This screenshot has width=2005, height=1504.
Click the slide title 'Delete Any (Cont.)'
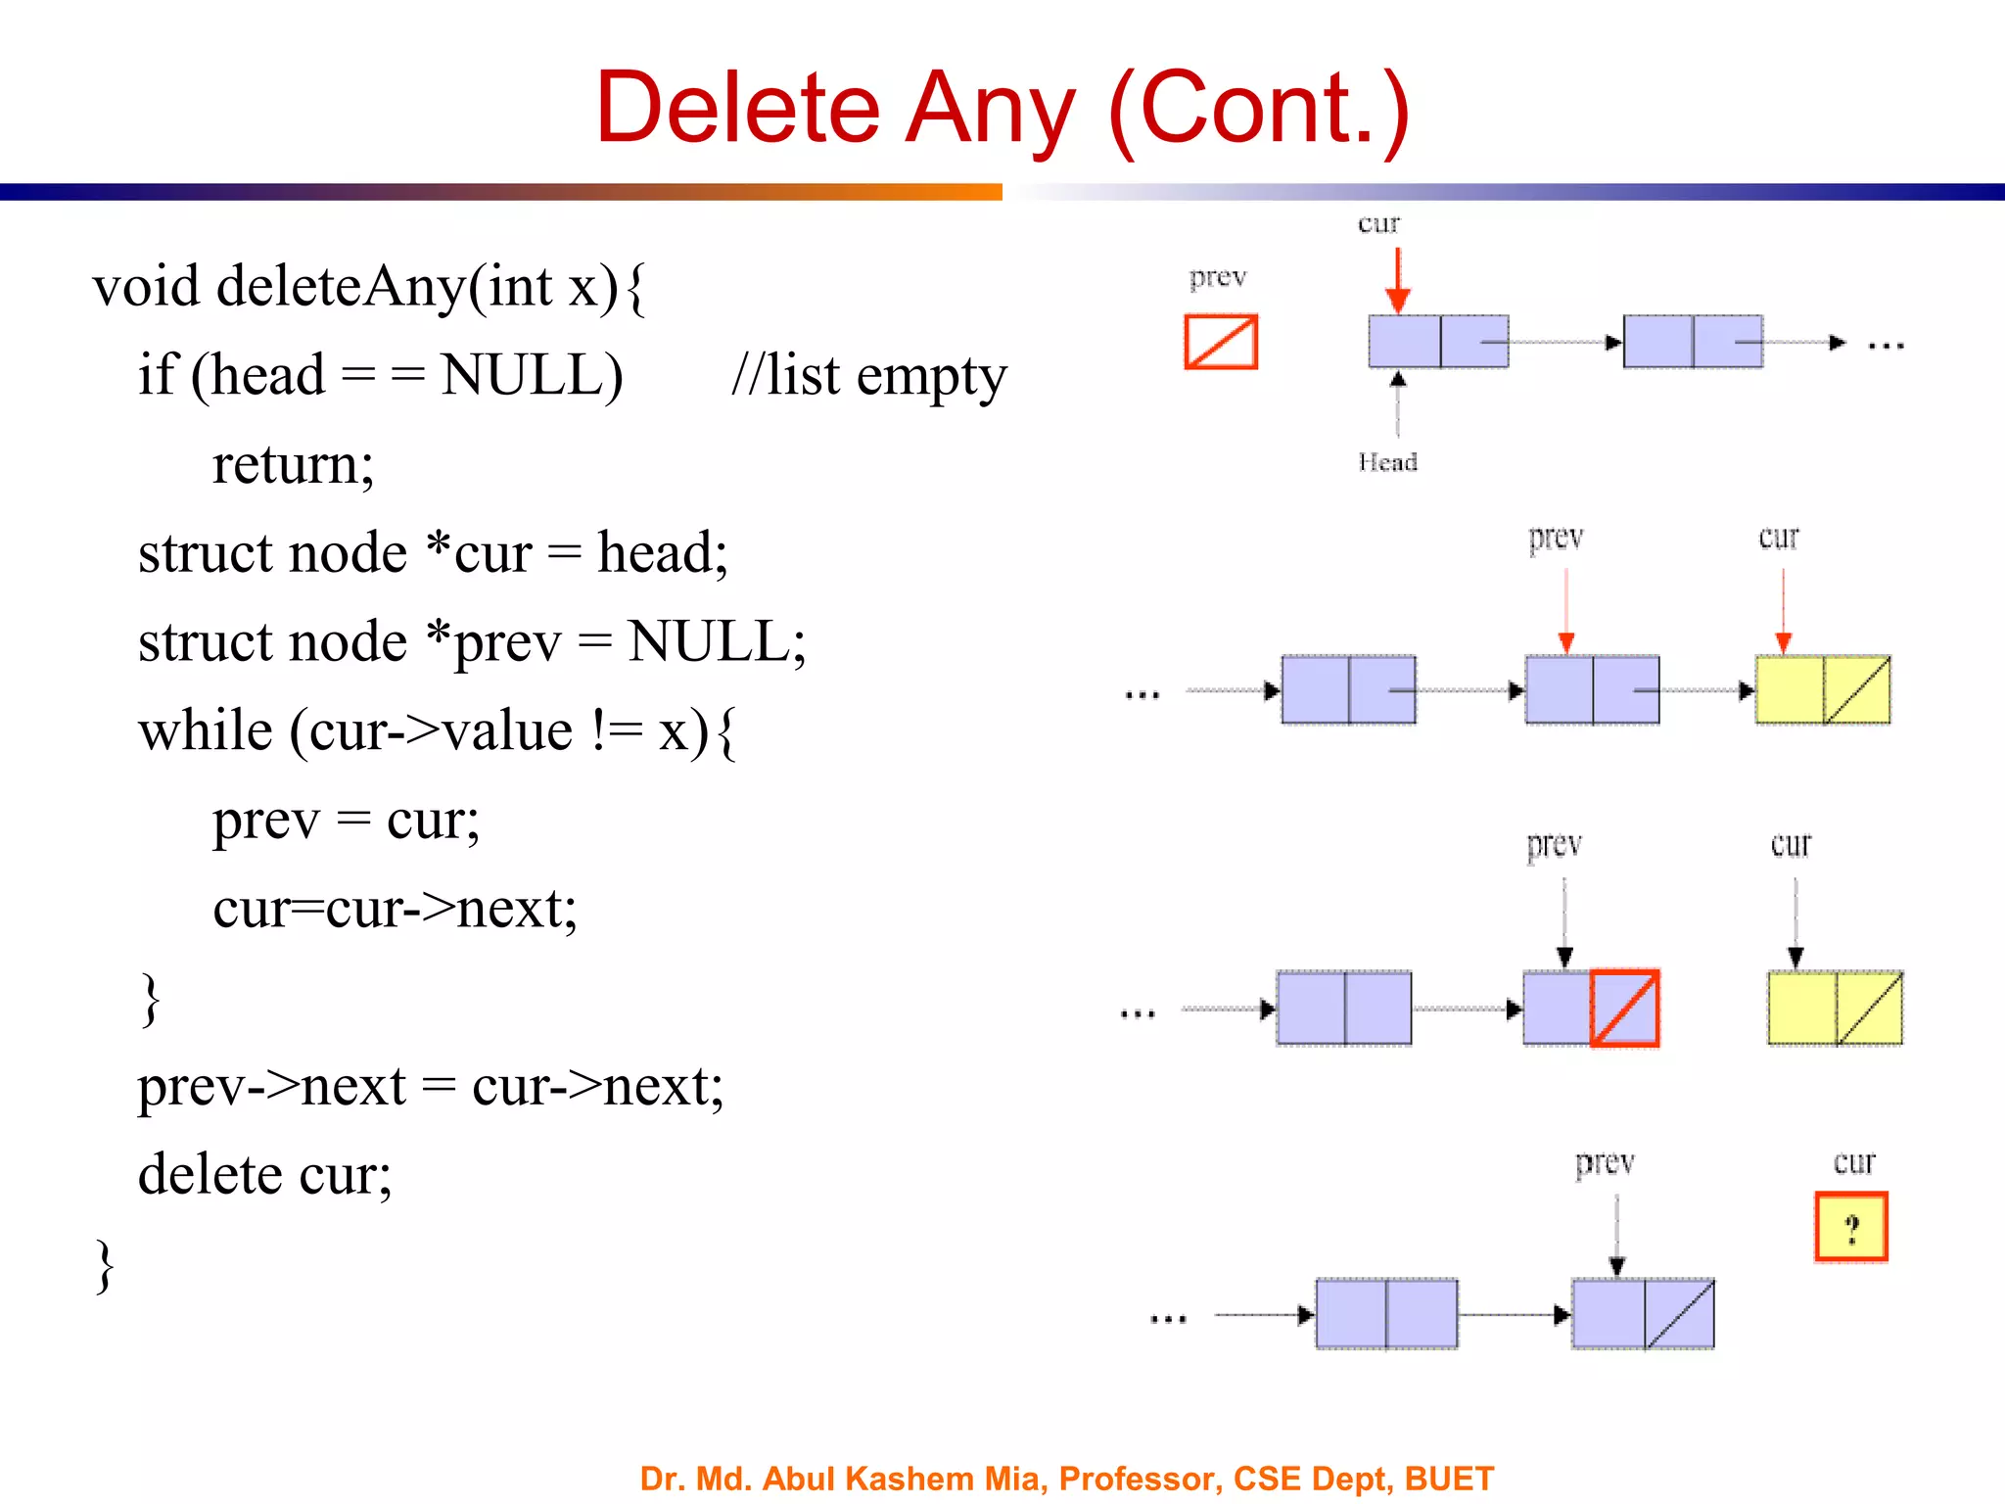tap(1002, 108)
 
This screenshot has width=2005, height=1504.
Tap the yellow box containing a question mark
tap(1850, 1227)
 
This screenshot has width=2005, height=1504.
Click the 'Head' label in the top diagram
tap(1387, 462)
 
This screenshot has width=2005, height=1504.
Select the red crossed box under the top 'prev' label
tap(1221, 342)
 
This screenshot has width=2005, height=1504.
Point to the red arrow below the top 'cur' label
tap(1398, 280)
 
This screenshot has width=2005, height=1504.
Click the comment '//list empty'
tap(868, 376)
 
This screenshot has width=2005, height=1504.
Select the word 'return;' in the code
tap(293, 464)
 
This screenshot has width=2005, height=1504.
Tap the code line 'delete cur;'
tap(264, 1174)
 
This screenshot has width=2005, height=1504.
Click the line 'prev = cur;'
tap(346, 820)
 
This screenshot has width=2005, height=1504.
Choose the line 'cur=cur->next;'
tap(395, 909)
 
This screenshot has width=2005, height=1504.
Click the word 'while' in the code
tap(206, 731)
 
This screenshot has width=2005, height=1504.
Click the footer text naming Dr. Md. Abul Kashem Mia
tap(1066, 1478)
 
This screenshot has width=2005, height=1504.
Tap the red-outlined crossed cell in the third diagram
tap(1624, 1008)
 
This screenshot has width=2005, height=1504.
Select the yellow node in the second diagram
tap(1822, 689)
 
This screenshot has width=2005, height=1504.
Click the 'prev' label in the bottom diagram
tap(1605, 1163)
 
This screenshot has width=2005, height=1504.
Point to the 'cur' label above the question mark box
tap(1853, 1162)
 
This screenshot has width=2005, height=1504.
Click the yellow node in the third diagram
tap(1835, 1008)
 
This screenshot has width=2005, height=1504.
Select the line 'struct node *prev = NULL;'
tap(472, 642)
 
